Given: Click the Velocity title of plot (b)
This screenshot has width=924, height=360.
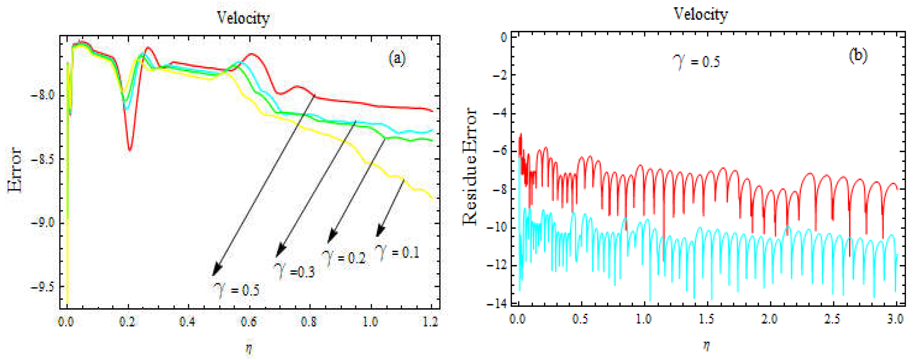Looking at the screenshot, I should tap(701, 14).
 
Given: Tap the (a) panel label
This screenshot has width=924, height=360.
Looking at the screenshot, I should tap(397, 58).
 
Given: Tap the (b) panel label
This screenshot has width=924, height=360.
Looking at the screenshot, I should tap(858, 56).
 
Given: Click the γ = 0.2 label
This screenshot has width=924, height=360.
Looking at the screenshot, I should tap(344, 257).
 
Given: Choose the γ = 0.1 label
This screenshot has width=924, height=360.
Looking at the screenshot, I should tap(397, 252).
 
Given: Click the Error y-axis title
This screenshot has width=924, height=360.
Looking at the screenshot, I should tap(15, 169).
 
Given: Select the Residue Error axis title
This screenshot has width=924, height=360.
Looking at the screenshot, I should tap(470, 167).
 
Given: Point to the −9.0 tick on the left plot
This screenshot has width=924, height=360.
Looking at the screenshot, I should tap(42, 223).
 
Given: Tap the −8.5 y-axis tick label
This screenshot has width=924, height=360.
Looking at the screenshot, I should tap(42, 159).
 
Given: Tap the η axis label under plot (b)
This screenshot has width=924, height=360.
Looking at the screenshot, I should tap(706, 346).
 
